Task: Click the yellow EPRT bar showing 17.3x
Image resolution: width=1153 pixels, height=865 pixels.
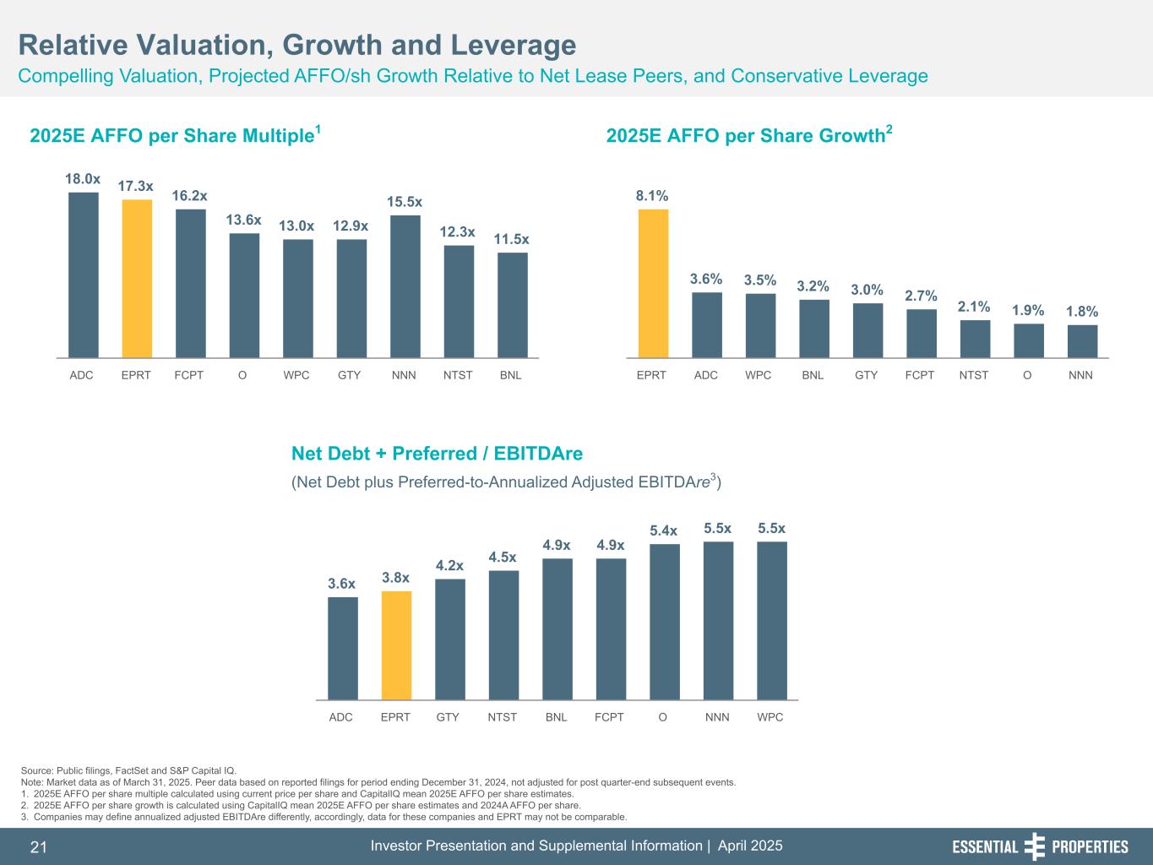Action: click(137, 279)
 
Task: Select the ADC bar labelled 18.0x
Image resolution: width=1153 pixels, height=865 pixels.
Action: click(83, 275)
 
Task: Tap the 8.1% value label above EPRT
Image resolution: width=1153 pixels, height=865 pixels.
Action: click(652, 195)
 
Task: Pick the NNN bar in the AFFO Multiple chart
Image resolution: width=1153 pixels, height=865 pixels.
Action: click(405, 286)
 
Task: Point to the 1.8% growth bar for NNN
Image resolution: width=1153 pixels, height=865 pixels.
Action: click(1082, 341)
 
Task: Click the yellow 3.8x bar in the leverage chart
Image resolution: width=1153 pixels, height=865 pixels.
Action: click(396, 645)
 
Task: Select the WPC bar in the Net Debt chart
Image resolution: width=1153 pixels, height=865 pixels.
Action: click(771, 621)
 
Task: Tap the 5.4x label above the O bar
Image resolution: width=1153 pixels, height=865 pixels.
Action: click(663, 530)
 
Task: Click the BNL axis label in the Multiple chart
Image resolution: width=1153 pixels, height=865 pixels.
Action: click(510, 375)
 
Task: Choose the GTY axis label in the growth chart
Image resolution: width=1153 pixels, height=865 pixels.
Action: click(866, 375)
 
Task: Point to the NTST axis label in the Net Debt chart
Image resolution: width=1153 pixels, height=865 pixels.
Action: click(502, 717)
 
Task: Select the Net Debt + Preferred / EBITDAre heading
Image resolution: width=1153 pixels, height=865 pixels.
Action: click(437, 454)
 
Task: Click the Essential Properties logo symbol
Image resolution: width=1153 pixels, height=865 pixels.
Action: click(1034, 846)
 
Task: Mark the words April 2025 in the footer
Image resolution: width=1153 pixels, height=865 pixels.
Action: click(749, 846)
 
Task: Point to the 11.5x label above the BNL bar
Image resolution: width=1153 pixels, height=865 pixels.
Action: click(512, 239)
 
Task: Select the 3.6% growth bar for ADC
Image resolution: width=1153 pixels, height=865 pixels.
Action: click(706, 325)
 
